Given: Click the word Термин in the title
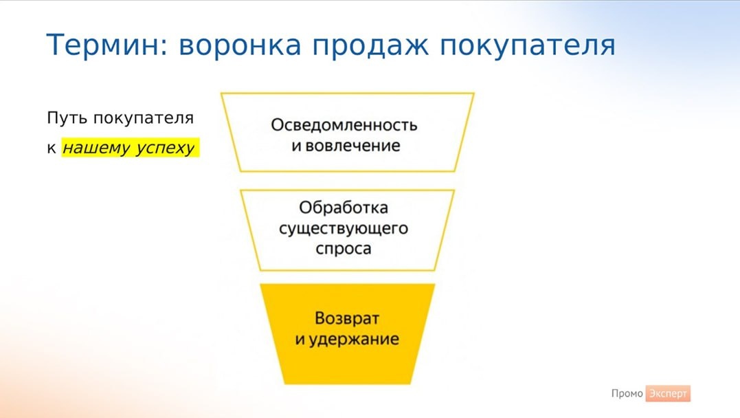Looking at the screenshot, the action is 104,45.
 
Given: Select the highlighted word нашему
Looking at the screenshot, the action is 96,148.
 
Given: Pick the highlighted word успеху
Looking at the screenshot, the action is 165,148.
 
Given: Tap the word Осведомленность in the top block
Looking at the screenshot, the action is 344,125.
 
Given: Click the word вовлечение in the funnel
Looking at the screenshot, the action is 352,146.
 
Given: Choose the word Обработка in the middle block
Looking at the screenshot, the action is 344,208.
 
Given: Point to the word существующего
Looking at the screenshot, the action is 344,228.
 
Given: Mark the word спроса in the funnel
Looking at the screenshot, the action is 344,249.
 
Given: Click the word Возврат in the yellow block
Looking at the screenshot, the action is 347,318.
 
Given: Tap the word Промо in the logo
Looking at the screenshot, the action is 627,393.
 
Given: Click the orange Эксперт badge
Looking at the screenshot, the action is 668,393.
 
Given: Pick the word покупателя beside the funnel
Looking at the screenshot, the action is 144,118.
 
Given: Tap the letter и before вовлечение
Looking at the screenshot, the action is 296,146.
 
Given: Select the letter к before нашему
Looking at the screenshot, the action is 52,148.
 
